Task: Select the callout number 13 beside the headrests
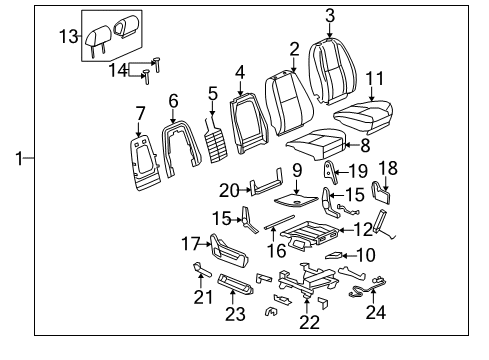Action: [x=67, y=37]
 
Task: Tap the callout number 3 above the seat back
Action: [x=329, y=14]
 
